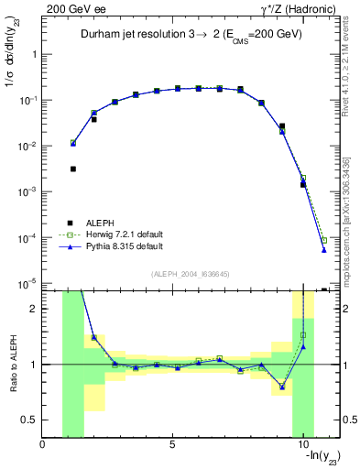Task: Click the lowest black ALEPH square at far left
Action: [x=73, y=169]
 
